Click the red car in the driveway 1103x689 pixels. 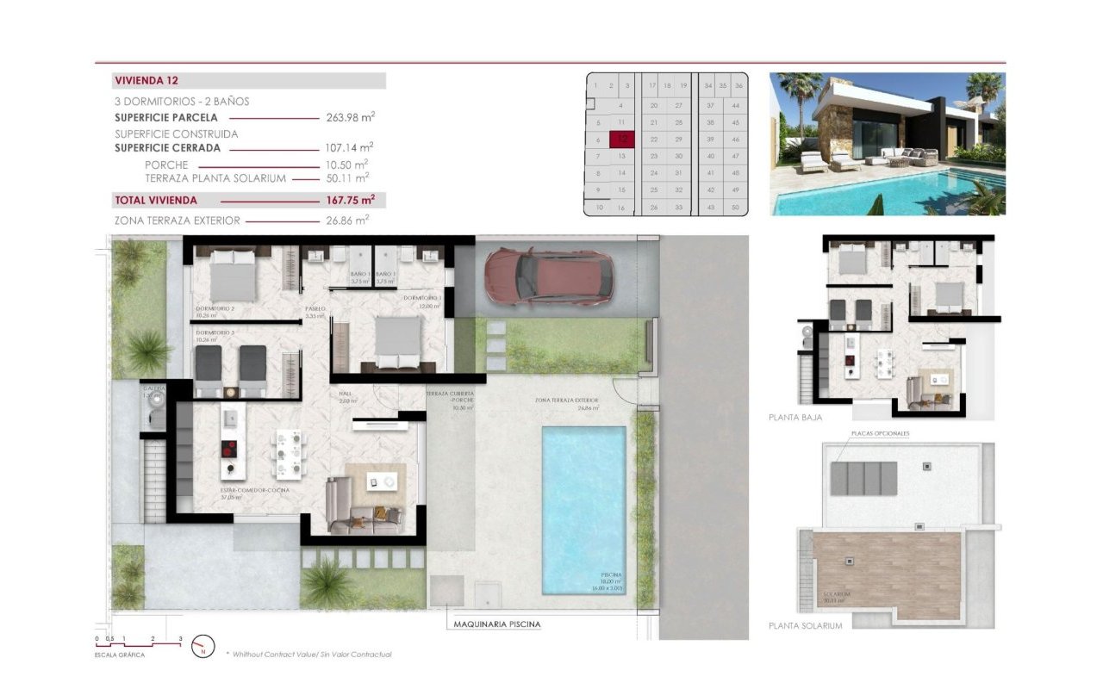[548, 276]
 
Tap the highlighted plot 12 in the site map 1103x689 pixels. [621, 139]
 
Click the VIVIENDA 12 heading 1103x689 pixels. [146, 81]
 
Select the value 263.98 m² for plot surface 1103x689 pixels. [348, 117]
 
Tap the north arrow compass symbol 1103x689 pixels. [203, 645]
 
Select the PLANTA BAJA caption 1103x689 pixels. [795, 418]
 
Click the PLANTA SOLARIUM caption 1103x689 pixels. [805, 625]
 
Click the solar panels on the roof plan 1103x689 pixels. [863, 478]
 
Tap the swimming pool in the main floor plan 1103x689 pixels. [583, 508]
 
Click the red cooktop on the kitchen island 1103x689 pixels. [230, 449]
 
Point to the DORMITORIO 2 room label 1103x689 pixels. [215, 307]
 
